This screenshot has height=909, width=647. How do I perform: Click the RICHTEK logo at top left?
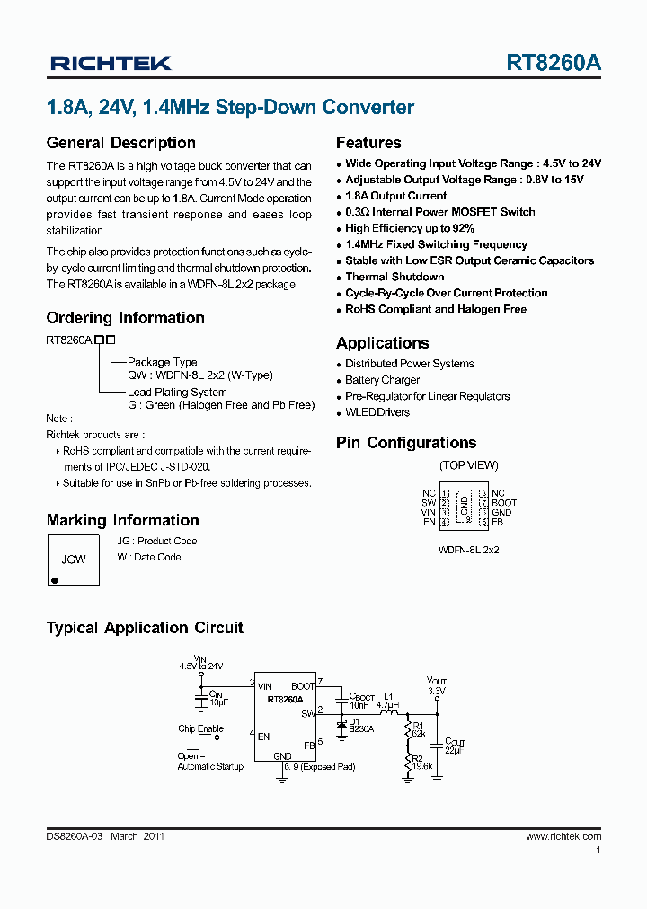click(111, 63)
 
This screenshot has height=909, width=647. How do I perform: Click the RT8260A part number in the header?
click(554, 63)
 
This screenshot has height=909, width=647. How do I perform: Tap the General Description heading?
click(120, 143)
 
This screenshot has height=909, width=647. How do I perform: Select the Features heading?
click(368, 143)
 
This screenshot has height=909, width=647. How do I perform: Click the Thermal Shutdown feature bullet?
click(394, 277)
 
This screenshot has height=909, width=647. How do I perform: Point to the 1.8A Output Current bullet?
click(395, 196)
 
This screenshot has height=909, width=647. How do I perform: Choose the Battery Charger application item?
click(383, 380)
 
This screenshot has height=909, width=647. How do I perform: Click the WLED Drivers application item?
click(377, 412)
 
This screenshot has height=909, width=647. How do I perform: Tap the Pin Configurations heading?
click(406, 443)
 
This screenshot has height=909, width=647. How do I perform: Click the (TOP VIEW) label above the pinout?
click(468, 465)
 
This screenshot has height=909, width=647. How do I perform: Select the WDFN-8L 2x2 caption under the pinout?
click(468, 549)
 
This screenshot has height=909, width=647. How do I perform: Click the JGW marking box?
click(73, 560)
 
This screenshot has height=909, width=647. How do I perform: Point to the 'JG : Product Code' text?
click(157, 541)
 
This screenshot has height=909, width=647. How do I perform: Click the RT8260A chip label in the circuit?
click(285, 698)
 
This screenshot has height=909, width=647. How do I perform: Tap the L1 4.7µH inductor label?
click(389, 701)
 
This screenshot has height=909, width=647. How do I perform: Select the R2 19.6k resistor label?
click(421, 762)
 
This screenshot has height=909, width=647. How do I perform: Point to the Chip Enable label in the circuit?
click(200, 728)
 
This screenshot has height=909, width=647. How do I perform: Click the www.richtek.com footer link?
click(563, 836)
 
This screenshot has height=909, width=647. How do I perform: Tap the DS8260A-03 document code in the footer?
click(75, 836)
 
